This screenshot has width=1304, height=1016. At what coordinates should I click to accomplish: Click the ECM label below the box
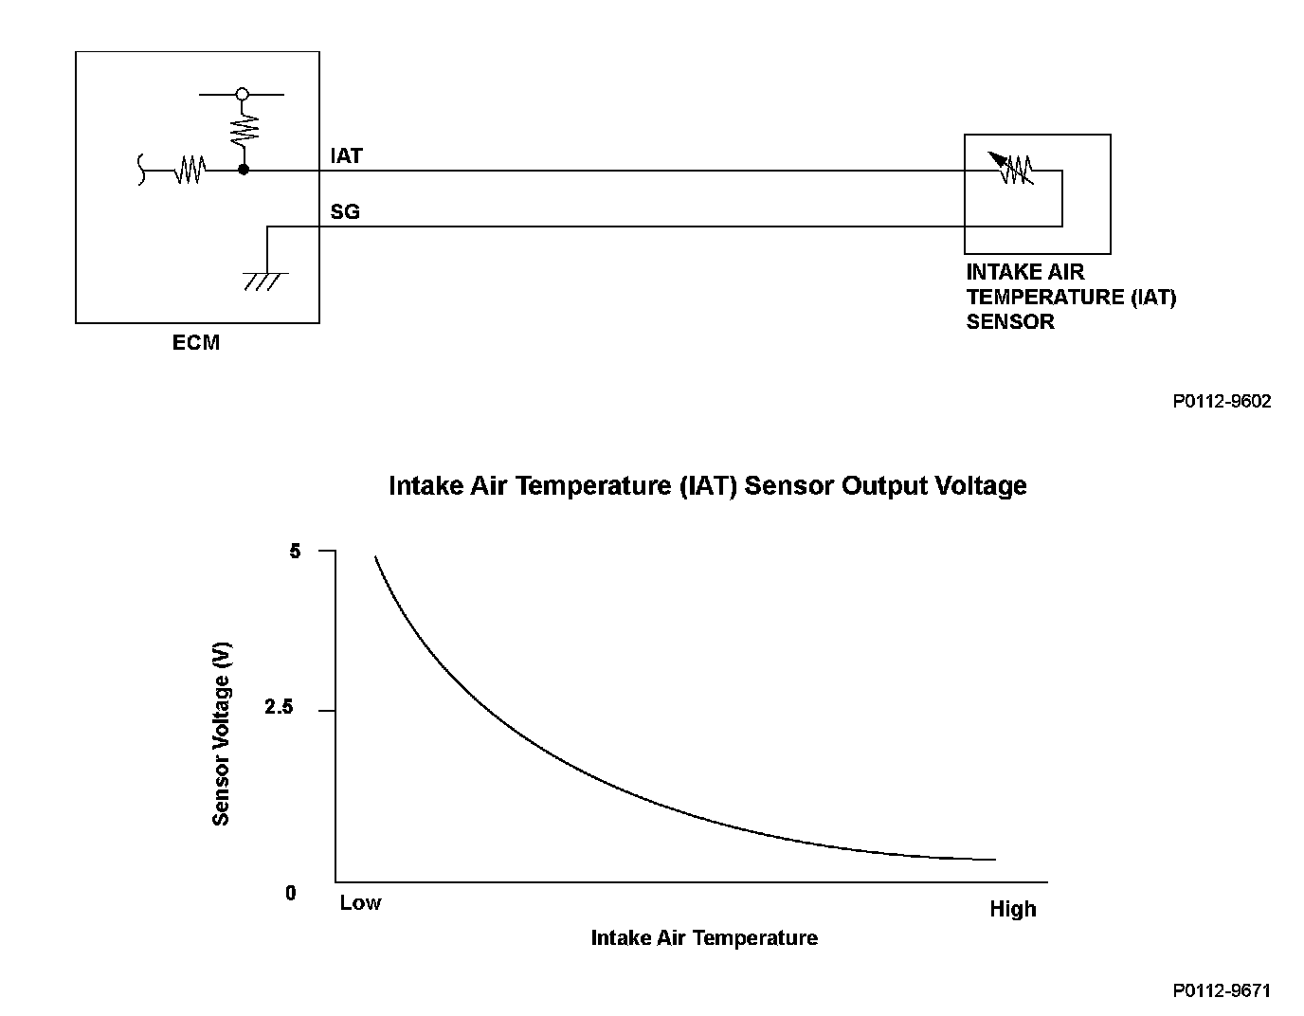coord(195,342)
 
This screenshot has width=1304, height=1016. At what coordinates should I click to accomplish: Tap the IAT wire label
coord(346,155)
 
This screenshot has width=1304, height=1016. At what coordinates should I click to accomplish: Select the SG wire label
coord(345,211)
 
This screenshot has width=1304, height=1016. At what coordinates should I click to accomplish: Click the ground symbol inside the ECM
coord(266,281)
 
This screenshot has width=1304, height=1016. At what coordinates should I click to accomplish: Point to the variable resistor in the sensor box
coord(1013,170)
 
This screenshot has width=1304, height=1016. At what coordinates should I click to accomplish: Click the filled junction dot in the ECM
coord(244,170)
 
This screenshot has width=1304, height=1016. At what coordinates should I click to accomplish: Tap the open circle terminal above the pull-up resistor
coord(243,94)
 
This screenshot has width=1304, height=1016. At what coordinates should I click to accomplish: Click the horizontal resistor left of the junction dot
coord(190,171)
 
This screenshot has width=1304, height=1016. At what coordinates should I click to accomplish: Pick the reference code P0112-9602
coord(1222,401)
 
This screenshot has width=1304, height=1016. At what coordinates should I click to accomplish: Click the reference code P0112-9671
coord(1222,990)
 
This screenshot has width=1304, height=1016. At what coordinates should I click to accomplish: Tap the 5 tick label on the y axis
coord(296,551)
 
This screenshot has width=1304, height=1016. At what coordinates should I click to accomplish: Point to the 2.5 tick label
coord(279,708)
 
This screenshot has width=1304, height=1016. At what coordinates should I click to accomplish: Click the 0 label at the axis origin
coord(291,893)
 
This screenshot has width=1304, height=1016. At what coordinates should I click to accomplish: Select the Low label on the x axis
coord(360,903)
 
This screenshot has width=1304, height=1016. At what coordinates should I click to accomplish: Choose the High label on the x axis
coord(1013,909)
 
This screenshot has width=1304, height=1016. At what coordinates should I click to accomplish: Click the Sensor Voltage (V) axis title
coord(221,734)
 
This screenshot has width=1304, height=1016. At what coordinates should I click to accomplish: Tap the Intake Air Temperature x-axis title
coord(704,937)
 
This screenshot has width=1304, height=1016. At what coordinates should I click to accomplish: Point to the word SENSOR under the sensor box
coord(1010,321)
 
